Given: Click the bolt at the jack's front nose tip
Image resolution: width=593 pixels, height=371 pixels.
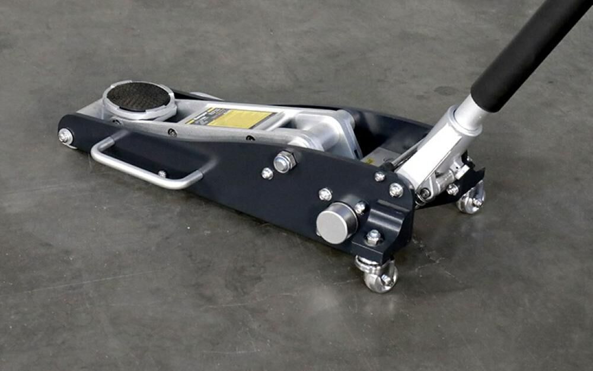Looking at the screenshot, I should coord(65,136).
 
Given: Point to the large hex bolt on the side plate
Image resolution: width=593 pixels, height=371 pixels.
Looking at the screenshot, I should coord(285,161).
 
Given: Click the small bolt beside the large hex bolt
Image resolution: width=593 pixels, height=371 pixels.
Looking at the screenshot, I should coord(267,173).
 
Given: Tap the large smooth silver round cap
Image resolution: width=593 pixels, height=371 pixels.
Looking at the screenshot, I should coord(336,223).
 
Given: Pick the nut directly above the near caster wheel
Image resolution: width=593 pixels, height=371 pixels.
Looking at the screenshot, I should coord(373,238).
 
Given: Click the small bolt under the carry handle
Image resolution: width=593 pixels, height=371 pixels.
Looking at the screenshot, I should coord(161,174).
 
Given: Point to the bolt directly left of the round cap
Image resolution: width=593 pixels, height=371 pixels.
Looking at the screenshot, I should coord(325,194).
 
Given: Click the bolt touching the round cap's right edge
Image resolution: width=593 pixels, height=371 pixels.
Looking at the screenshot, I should coord(360,207).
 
